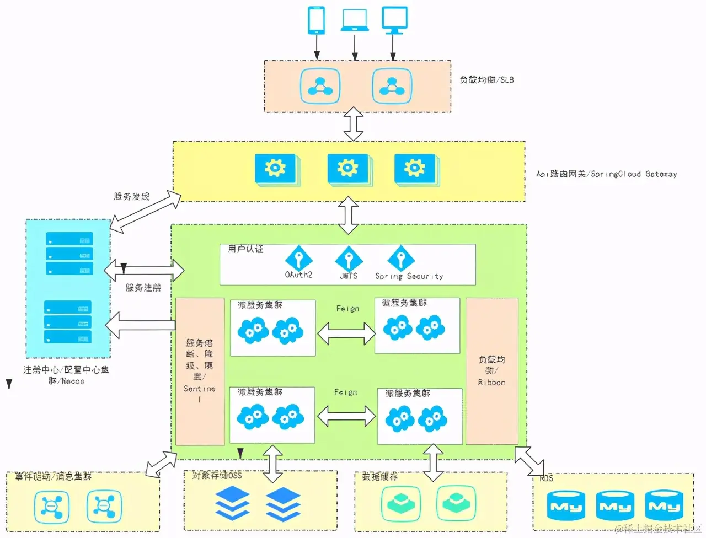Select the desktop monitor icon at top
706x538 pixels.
click(394, 20)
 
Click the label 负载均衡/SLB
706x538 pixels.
click(486, 80)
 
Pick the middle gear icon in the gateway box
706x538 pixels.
click(348, 168)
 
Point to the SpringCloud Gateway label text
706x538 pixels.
click(606, 174)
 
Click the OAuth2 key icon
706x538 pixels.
click(298, 258)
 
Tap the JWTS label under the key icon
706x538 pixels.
click(348, 276)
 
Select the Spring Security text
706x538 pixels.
click(409, 276)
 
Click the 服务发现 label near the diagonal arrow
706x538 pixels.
click(131, 197)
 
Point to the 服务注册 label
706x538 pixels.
click(143, 288)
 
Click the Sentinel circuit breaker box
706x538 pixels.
click(200, 371)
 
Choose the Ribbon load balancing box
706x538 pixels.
click(491, 371)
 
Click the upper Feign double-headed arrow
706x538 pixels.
click(346, 332)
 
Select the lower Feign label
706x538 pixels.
click(345, 392)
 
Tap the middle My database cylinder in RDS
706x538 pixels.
click(614, 506)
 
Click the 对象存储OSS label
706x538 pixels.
click(217, 475)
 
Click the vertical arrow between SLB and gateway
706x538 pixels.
click(353, 125)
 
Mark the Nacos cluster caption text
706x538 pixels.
click(66, 375)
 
